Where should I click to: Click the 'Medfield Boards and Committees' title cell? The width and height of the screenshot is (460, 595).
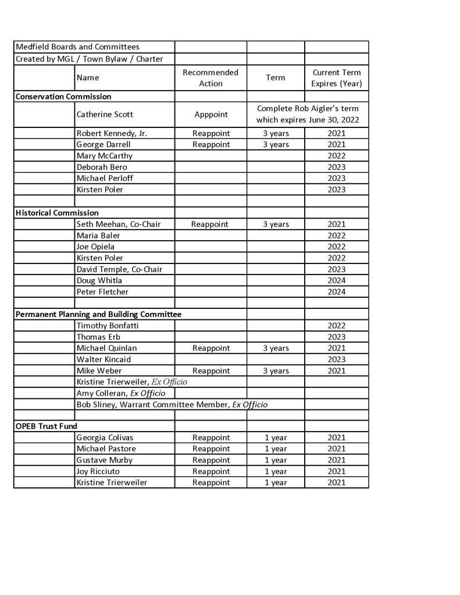(77, 47)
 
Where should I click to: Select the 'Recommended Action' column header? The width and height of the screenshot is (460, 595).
(211, 78)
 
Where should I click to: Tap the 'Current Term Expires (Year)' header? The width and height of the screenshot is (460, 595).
(337, 78)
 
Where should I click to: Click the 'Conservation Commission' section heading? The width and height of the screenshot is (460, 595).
(63, 97)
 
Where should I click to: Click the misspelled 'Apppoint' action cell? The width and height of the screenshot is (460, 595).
(211, 115)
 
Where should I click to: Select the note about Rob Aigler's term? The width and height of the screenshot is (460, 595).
(308, 115)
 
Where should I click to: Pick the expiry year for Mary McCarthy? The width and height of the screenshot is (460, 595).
(336, 156)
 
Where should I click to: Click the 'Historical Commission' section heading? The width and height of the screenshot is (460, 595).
(57, 213)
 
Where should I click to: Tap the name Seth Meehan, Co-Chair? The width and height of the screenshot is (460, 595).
(118, 224)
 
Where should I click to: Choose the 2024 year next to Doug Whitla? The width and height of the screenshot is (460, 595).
(336, 280)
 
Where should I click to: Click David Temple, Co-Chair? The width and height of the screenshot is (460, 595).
(119, 269)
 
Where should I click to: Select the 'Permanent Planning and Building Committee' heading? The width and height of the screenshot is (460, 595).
(98, 314)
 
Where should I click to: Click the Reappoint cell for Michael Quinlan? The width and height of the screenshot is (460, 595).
(211, 348)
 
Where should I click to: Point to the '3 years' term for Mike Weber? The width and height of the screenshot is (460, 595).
(276, 370)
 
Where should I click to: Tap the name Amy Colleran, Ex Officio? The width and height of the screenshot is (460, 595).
(120, 393)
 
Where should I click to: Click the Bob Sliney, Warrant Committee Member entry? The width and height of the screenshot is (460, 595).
(172, 404)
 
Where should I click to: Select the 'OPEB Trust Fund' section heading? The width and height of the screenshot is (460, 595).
(46, 426)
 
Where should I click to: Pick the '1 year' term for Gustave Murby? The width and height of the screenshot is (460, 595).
(276, 460)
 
